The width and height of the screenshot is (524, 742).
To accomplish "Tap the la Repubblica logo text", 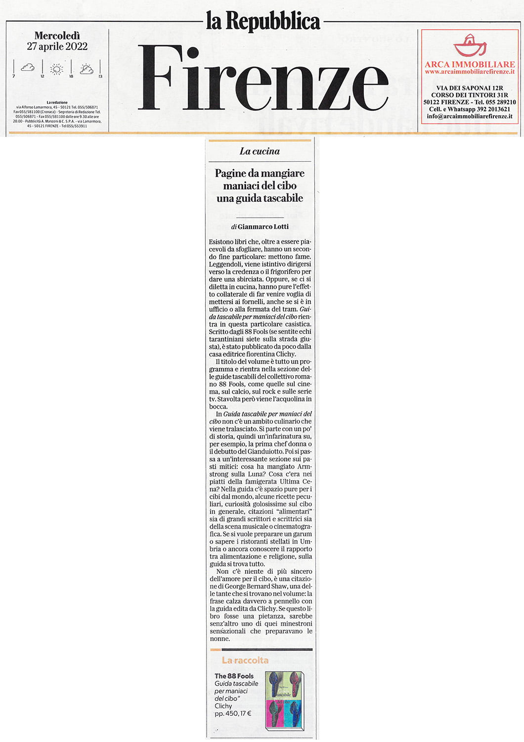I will coord(263,21).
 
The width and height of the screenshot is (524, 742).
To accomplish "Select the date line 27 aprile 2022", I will coord(57,46).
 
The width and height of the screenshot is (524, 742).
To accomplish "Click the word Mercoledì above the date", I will coord(57,36).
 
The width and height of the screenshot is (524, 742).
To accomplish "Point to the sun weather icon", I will coord(57,69).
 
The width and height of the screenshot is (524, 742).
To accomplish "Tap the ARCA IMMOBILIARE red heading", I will coord(470,64).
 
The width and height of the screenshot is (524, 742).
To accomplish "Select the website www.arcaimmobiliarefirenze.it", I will coord(470,72).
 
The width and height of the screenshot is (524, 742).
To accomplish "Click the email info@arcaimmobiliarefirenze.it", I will coord(470,117).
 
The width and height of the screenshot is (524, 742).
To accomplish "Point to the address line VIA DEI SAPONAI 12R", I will coord(470,88).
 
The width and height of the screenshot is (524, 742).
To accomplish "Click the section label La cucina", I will coord(260,151).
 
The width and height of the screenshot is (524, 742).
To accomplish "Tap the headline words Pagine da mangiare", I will coord(260,173).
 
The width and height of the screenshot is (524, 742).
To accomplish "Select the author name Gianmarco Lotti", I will coord(263,227).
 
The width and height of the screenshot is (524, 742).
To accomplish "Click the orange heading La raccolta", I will coord(245,660).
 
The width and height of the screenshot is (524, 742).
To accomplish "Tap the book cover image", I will coord(285,699).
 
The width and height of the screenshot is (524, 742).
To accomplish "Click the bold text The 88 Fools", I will coord(234,676).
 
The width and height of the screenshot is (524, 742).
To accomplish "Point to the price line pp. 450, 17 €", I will coord(233,713).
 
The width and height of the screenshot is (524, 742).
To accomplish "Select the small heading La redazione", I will coord(57,102).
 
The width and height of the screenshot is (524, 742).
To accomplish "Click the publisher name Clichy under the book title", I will coord(223,706).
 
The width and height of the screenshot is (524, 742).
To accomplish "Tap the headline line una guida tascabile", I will coord(260,198).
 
